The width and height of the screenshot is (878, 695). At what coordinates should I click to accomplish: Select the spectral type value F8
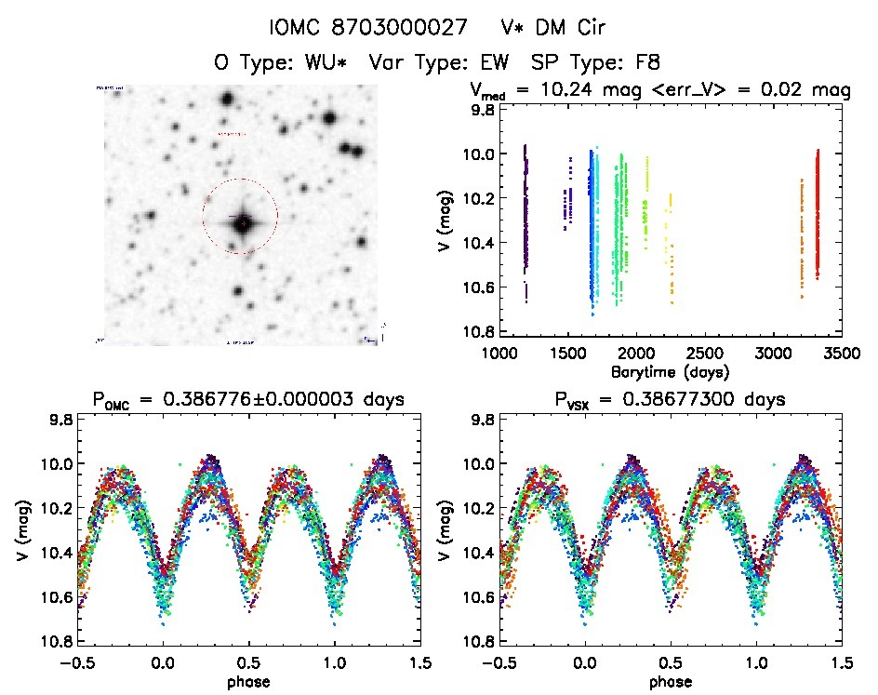(645, 62)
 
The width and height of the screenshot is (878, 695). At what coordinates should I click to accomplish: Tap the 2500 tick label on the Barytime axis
(703, 354)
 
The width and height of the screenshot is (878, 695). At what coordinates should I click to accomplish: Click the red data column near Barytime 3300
(818, 214)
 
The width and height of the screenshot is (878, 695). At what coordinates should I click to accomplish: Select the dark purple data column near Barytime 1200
(525, 219)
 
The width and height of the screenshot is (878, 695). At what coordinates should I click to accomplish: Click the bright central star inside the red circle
(242, 221)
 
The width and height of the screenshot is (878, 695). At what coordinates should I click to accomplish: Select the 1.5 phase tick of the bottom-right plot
(841, 663)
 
